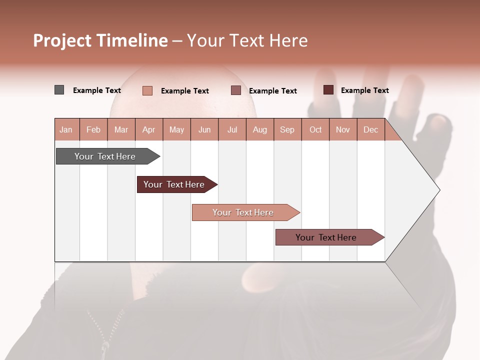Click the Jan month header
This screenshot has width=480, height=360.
click(x=66, y=130)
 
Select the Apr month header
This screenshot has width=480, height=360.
click(x=149, y=130)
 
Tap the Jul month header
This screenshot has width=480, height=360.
click(x=232, y=130)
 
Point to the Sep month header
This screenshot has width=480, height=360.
click(x=287, y=130)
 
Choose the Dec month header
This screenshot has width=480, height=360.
click(x=370, y=130)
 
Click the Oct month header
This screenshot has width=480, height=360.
click(x=315, y=130)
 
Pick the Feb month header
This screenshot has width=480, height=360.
click(x=93, y=130)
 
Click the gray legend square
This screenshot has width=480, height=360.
click(x=59, y=90)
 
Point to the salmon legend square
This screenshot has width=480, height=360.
click(x=147, y=90)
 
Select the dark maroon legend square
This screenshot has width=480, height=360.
click(x=328, y=90)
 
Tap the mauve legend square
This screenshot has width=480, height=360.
click(x=236, y=90)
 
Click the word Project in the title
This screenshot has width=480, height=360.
click(x=62, y=41)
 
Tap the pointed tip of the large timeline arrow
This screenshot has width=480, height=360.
click(x=438, y=190)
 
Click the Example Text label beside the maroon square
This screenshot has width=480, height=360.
click(x=364, y=90)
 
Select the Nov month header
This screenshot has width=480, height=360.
click(x=343, y=130)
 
